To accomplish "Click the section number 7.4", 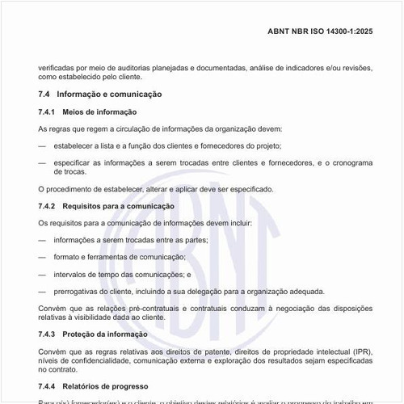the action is coord(45,95).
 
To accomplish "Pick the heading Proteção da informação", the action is coord(108,334).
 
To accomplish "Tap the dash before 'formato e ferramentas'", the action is coord(42,257).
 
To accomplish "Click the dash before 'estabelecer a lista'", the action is coord(42,145).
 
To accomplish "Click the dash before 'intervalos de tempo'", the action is coord(42,274).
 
